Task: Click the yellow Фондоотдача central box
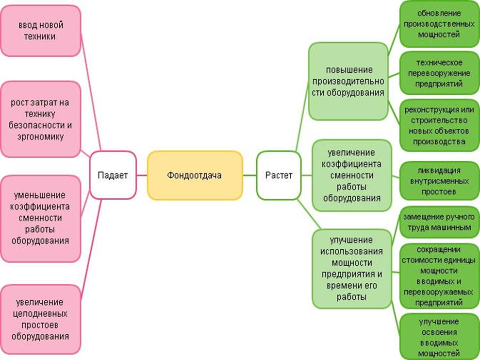tap(194, 175)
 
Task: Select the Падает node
tap(113, 175)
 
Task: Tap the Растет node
tap(279, 175)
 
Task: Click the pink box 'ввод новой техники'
tap(40, 30)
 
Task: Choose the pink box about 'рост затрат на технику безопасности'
tap(40, 120)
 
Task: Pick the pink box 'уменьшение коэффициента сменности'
tap(40, 218)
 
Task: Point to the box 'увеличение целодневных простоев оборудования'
tap(40, 319)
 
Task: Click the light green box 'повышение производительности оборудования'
tap(348, 81)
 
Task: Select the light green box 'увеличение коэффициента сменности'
tap(351, 175)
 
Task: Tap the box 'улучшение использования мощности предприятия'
tap(351, 268)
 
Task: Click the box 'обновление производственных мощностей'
tap(439, 24)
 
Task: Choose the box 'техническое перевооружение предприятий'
tap(439, 73)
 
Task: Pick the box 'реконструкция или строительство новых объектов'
tap(439, 126)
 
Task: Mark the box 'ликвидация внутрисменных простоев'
tap(439, 181)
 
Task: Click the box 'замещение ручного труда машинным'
tap(439, 222)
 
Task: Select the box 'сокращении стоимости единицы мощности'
tap(439, 276)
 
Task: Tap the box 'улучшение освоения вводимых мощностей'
tap(439, 337)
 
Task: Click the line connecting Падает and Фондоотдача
tap(142, 175)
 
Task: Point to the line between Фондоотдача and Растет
tap(249, 175)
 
